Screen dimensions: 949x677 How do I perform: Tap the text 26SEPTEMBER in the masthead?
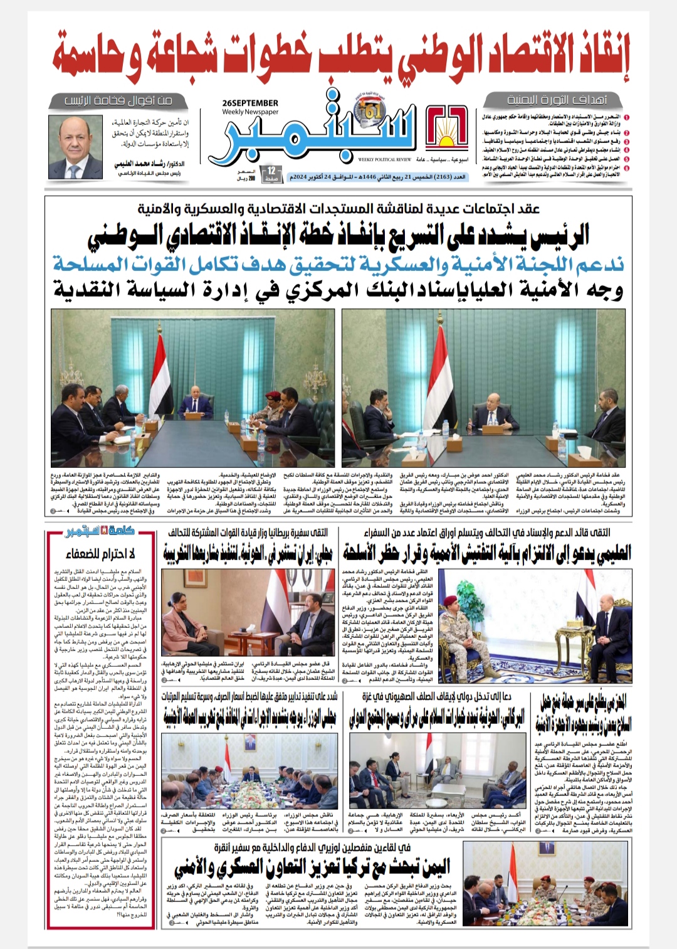(250, 103)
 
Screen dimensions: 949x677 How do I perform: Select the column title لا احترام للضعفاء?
(101, 553)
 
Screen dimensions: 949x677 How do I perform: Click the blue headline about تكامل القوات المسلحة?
(338, 264)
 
